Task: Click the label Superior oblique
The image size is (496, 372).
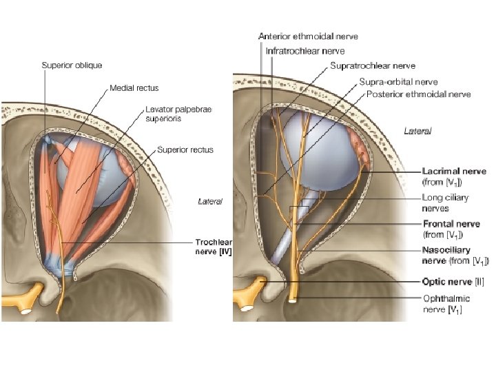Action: click(72, 65)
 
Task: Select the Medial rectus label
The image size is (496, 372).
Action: click(134, 88)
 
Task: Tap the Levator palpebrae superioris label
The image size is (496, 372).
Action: click(178, 113)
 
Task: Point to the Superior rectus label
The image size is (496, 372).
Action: click(185, 149)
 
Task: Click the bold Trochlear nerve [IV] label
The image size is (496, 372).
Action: click(214, 247)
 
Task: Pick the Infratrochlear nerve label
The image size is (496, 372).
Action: click(305, 50)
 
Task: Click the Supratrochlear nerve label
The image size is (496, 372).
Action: click(373, 66)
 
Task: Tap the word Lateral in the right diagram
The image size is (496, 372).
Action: click(417, 131)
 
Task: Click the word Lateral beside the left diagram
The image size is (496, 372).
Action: click(210, 201)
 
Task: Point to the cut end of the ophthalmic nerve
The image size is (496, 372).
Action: click(294, 300)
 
